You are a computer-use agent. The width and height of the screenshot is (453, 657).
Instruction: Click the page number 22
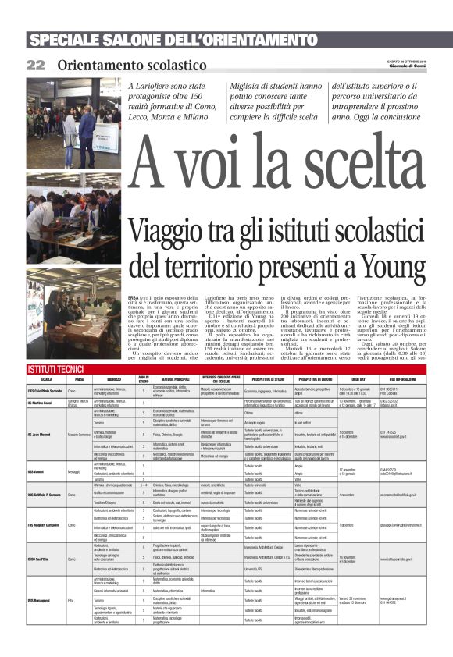click(36, 66)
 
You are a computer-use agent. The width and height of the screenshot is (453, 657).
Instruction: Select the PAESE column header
click(79, 378)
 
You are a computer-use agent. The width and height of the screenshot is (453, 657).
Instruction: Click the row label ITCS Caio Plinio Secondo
click(45, 390)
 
